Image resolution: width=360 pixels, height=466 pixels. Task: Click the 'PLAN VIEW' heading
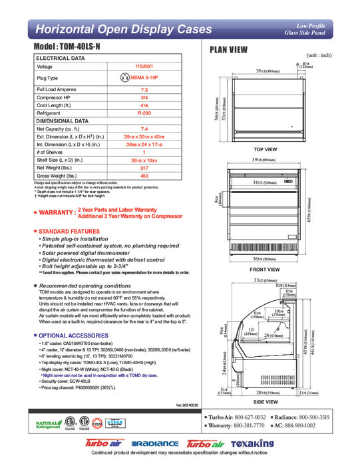coord(230,50)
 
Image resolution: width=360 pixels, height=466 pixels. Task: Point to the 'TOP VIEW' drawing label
coord(265,150)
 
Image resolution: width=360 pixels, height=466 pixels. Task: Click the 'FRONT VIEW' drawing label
coord(265,270)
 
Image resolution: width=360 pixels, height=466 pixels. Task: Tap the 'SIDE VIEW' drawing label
coord(265,401)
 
